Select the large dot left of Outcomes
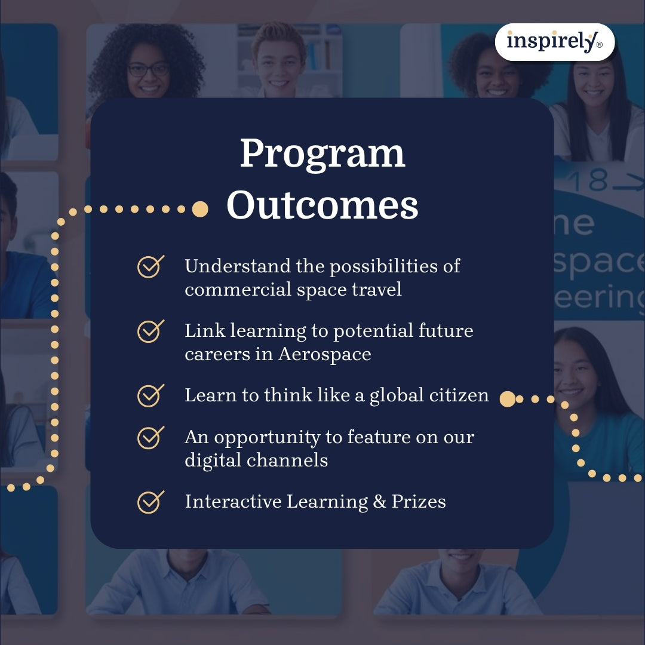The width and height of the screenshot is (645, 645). [201, 209]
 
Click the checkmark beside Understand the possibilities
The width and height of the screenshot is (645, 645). [150, 266]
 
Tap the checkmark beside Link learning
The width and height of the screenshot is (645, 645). [150, 331]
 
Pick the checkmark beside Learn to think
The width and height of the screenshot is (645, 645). [150, 395]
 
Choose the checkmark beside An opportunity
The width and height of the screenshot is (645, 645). [150, 437]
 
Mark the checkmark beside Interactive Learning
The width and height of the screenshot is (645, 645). [150, 502]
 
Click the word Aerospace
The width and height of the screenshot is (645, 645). [325, 354]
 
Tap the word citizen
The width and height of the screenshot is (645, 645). [459, 395]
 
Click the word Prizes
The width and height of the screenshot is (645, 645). [419, 502]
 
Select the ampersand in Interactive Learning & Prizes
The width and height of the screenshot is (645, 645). [380, 502]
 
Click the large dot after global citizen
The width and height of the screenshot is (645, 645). [507, 399]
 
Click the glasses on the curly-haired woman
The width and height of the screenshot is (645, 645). [148, 69]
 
